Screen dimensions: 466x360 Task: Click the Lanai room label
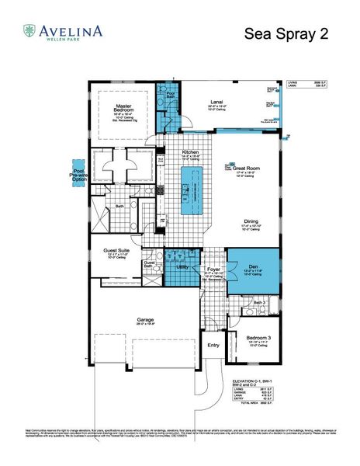[218, 103]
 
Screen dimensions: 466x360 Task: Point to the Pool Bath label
[165, 93]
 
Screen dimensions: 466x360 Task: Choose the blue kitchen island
[187, 190]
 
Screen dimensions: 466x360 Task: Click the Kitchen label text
[191, 152]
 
